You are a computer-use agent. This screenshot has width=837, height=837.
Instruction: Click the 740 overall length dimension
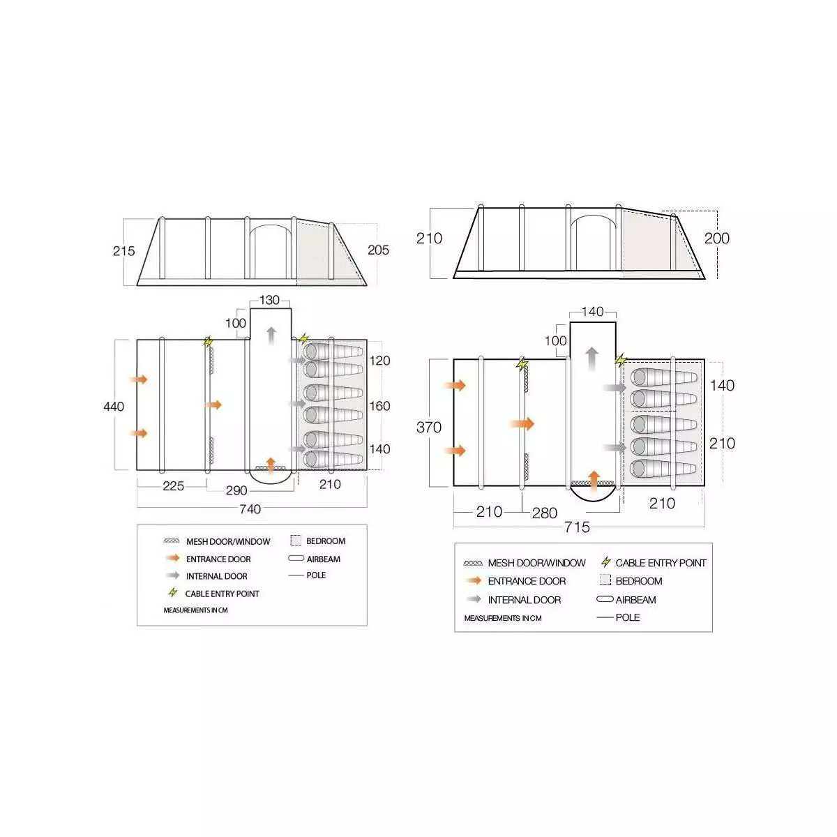tap(250, 508)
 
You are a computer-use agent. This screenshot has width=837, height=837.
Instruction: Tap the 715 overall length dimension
tap(577, 527)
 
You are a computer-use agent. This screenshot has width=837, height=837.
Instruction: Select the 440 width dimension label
tap(114, 407)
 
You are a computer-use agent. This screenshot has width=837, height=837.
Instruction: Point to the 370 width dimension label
tap(429, 427)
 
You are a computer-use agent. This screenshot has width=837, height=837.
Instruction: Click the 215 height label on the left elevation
tap(123, 250)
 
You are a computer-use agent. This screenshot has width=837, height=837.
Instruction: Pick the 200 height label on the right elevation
tap(717, 238)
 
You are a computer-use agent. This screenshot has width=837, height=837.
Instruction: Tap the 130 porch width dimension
tap(269, 300)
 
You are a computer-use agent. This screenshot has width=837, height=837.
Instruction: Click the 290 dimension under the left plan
tap(236, 490)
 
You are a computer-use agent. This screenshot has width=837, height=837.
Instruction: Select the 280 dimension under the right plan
tap(544, 513)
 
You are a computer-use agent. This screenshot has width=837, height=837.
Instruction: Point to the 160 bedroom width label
tap(379, 406)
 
